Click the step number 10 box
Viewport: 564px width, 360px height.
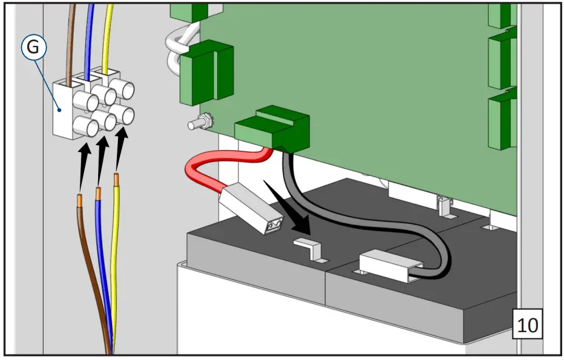click(x=527, y=324)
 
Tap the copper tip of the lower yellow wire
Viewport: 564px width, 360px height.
click(x=116, y=180)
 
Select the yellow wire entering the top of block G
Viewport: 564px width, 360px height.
click(x=108, y=36)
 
